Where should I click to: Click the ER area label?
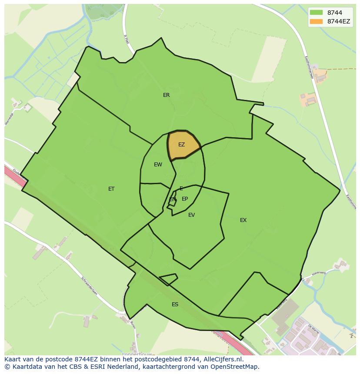166,95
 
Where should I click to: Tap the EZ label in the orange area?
181,145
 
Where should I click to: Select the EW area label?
158,165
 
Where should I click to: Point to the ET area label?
111,189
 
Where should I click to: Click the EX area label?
243,220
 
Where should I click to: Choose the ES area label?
175,304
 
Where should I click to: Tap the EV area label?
191,215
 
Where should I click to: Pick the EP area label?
185,199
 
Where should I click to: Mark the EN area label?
173,199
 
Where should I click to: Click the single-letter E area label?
181,189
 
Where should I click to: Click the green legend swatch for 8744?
316,13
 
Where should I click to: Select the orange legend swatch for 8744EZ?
316,21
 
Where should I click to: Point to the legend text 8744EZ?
338,21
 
